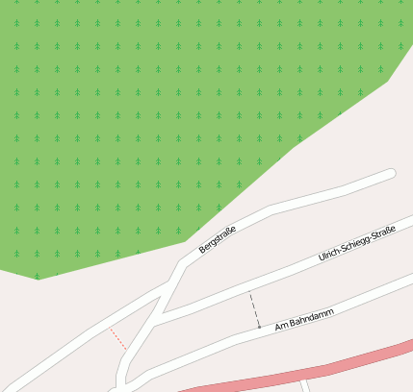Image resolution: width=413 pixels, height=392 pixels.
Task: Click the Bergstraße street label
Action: [217, 235]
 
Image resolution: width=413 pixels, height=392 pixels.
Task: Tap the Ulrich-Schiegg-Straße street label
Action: [356, 246]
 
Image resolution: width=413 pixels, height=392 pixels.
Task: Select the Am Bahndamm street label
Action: [303, 319]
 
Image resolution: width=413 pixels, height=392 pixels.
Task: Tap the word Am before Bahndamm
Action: [281, 326]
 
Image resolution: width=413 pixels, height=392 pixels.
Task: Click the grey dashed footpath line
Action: [254, 309]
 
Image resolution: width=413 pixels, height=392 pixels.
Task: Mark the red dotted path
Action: [117, 337]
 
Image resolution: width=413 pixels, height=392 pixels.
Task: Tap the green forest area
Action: [144, 115]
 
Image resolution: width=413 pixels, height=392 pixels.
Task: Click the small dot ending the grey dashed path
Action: [258, 328]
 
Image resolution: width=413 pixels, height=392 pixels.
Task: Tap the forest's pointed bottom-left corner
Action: [39, 279]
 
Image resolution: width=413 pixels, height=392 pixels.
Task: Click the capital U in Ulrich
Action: [321, 260]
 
